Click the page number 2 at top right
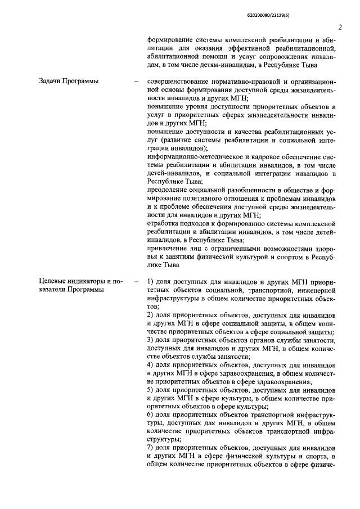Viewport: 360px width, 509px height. pyautogui.click(x=340, y=27)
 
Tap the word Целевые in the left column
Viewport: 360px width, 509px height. pyautogui.click(x=54, y=280)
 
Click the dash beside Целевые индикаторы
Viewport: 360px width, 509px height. pyautogui.click(x=136, y=280)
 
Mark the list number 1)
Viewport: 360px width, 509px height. pyautogui.click(x=151, y=280)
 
